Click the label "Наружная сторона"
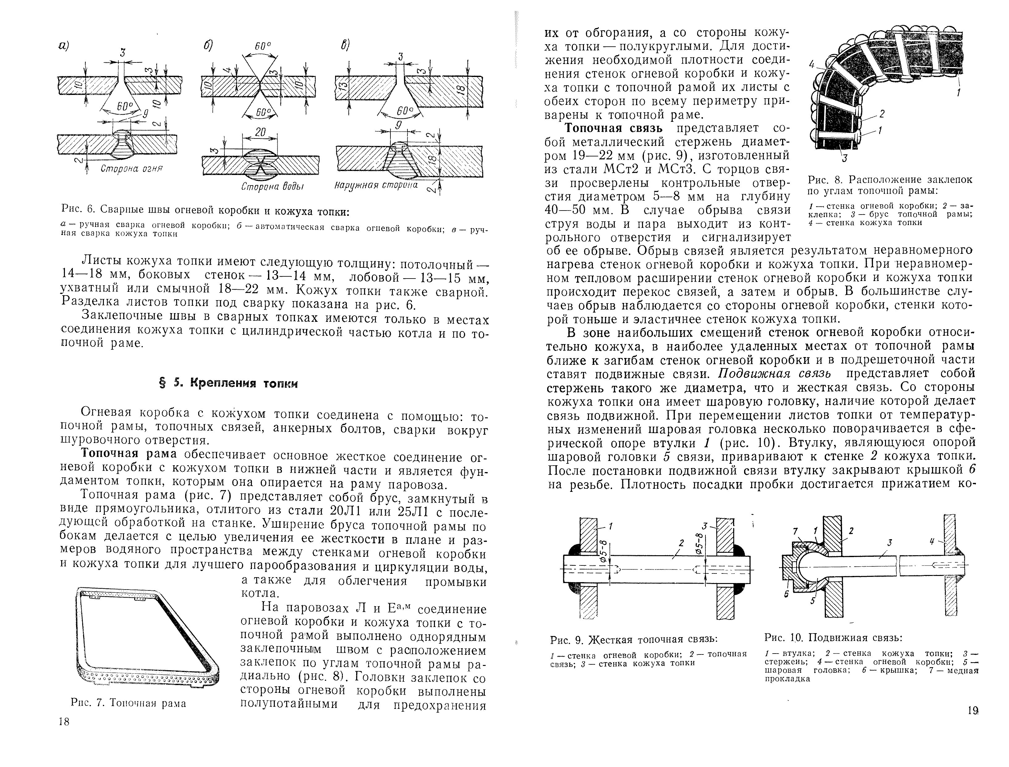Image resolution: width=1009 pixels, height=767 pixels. pos(376,185)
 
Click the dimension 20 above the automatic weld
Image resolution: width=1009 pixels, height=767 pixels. pos(260,132)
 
